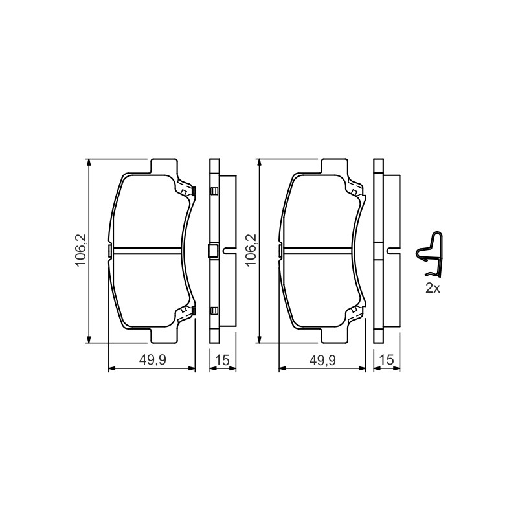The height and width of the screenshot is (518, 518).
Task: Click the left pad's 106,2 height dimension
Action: click(x=80, y=250)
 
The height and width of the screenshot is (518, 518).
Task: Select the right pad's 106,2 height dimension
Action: click(x=251, y=250)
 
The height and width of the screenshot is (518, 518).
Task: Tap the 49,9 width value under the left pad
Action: click(x=152, y=360)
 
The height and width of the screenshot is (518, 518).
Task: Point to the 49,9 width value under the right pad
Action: click(x=322, y=360)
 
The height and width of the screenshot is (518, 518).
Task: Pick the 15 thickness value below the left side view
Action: click(x=223, y=360)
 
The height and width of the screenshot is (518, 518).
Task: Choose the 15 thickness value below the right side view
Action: click(x=387, y=360)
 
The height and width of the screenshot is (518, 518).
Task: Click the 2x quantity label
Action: click(x=433, y=288)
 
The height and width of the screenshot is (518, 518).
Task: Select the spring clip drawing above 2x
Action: click(x=429, y=254)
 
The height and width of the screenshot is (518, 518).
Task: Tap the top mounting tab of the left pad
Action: click(x=164, y=166)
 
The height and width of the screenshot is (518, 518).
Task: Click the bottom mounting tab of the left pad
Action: click(x=164, y=335)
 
